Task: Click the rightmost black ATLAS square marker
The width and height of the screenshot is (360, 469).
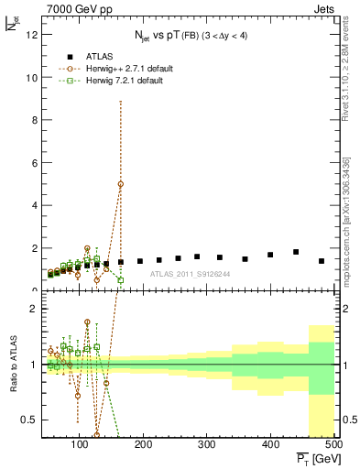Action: (321, 261)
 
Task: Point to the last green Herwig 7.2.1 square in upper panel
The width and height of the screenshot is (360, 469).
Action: (121, 280)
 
